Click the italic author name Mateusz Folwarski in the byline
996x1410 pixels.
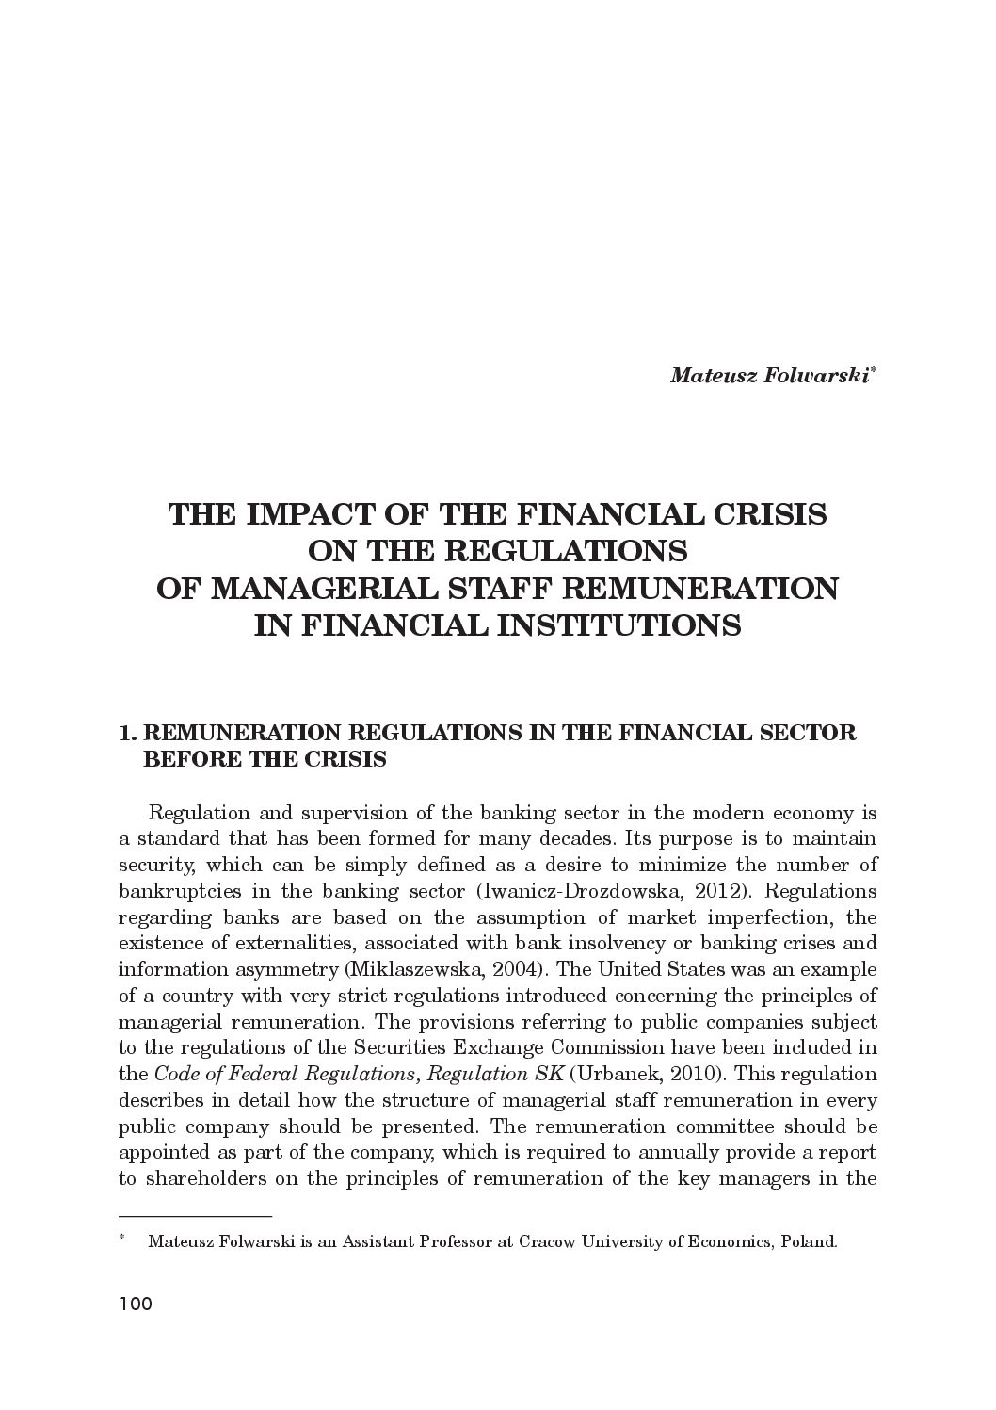click(x=770, y=376)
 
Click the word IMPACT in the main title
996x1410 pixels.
click(x=305, y=514)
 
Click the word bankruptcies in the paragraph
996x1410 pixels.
click(x=179, y=891)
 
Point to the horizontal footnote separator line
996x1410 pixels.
click(x=195, y=1216)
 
